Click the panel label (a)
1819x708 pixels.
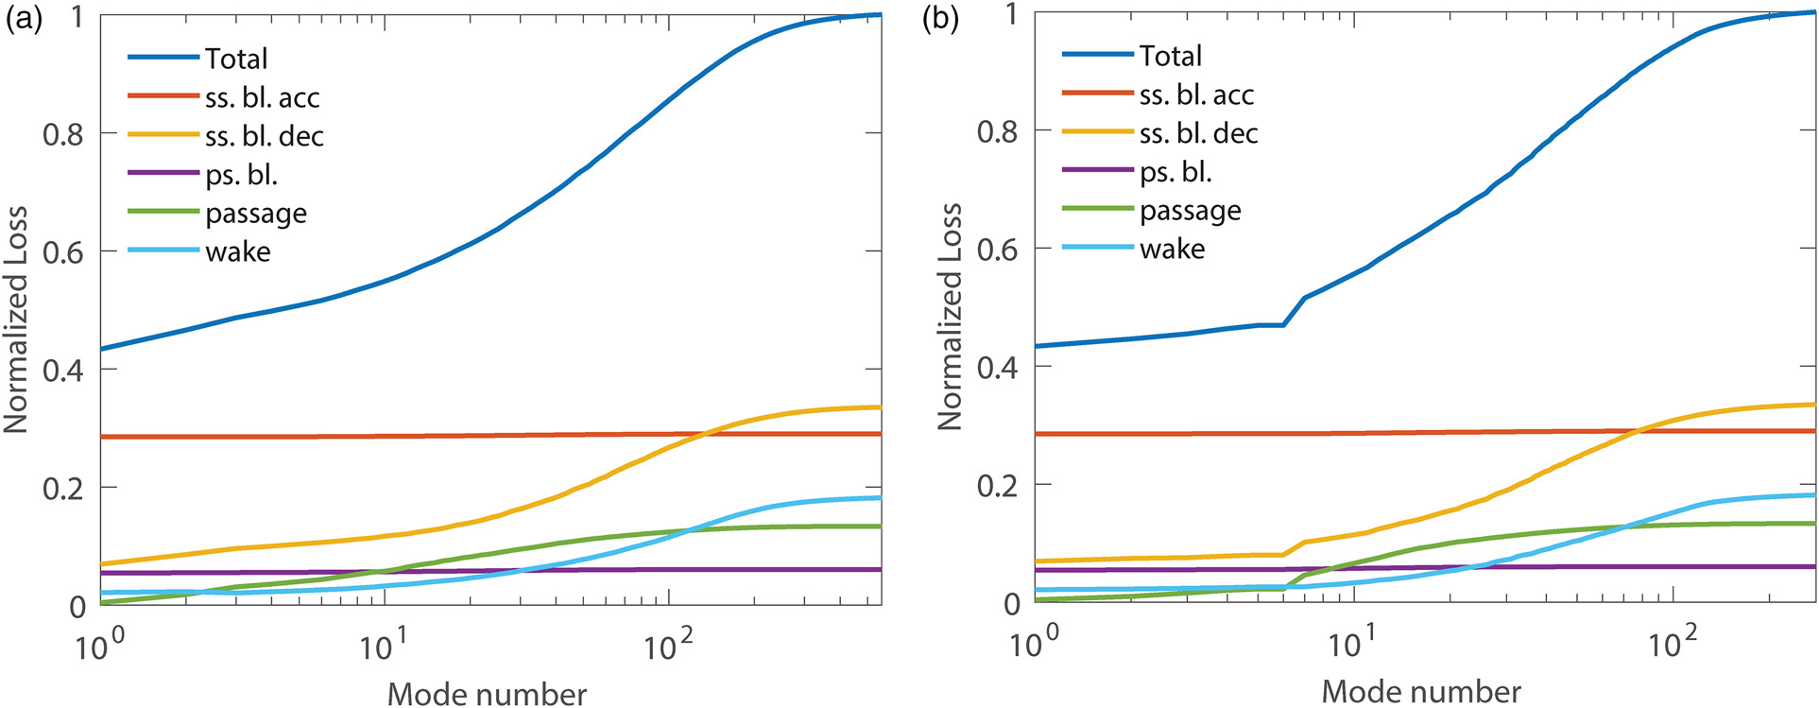24,20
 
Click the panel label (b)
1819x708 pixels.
940,20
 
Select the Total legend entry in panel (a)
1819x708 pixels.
236,59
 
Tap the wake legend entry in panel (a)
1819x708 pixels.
238,251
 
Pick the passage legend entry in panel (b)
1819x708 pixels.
1190,211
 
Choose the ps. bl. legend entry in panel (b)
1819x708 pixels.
1175,172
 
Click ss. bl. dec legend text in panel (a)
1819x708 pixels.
265,136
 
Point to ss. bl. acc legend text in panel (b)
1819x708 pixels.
1196,95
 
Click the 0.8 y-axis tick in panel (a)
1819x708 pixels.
63,134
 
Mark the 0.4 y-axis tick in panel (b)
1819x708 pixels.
998,367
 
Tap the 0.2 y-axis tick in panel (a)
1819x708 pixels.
63,488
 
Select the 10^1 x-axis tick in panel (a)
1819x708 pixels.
384,647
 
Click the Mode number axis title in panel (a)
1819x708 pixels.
487,694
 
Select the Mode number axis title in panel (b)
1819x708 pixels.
1421,692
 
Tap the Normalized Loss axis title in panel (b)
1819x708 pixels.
950,317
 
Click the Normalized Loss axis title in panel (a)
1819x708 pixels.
15,319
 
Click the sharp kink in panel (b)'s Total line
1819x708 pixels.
1282,324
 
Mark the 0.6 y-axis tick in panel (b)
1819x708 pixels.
998,249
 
